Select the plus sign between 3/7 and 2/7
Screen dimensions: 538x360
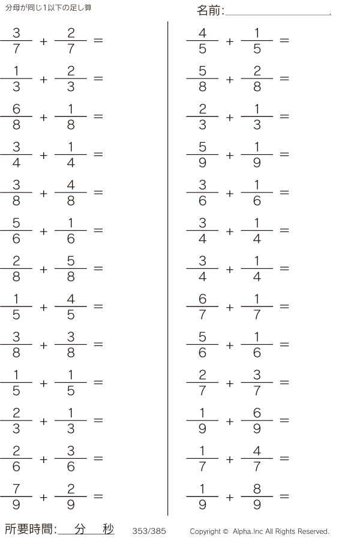tap(43, 41)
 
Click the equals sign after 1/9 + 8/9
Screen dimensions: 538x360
tap(284, 497)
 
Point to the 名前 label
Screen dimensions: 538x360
tap(210, 10)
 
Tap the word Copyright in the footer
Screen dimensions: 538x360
tap(205, 531)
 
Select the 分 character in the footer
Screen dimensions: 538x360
tap(81, 529)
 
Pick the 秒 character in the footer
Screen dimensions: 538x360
tap(108, 529)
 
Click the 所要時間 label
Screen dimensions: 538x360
tap(30, 529)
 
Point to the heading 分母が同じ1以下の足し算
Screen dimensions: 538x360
tap(49, 8)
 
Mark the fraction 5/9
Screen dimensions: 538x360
tap(202, 155)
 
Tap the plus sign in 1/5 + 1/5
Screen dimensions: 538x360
tap(43, 383)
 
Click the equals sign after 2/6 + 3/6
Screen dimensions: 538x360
tap(98, 459)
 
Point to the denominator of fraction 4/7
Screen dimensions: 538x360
tap(257, 467)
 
